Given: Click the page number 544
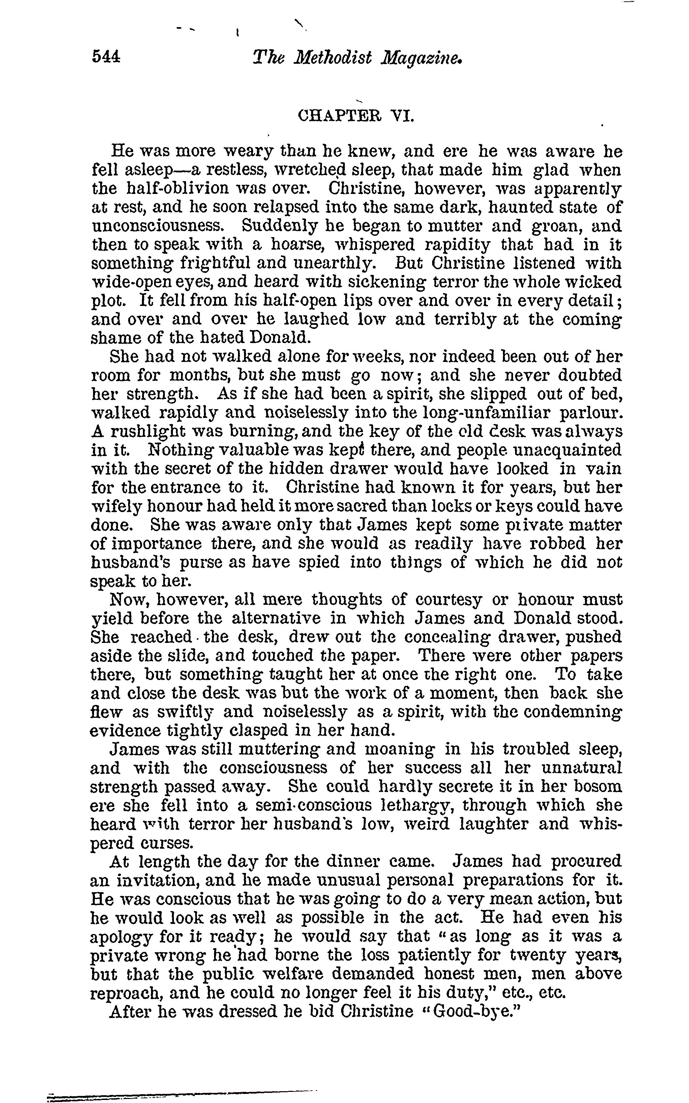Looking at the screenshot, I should click(x=106, y=57).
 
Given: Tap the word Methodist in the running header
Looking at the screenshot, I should click(x=333, y=57).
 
